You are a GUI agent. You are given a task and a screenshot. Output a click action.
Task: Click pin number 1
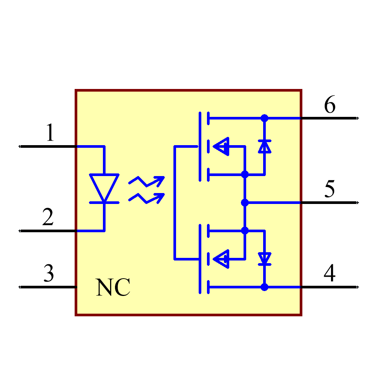click(x=50, y=133)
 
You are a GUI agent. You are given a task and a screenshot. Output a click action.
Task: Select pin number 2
click(x=48, y=218)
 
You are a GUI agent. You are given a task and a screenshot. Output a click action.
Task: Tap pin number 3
click(x=49, y=273)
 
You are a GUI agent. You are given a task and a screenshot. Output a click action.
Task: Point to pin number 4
click(x=329, y=273)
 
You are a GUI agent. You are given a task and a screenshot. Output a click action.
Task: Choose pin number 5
click(x=329, y=189)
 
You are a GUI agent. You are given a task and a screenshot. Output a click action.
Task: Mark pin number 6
click(x=329, y=105)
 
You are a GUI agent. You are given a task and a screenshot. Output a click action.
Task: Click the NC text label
click(x=113, y=288)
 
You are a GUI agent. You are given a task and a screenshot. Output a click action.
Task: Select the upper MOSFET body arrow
click(x=222, y=146)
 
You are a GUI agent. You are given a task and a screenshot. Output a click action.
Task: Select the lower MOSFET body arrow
click(x=222, y=259)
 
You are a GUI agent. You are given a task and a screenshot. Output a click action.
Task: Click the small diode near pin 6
click(x=264, y=146)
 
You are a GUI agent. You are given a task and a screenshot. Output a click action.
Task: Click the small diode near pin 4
click(x=264, y=259)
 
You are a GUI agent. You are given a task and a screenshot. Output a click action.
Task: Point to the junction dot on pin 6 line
click(x=264, y=118)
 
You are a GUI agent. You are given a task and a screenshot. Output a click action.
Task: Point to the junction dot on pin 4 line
click(x=264, y=287)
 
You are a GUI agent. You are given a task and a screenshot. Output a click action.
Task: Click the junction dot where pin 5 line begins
click(x=245, y=202)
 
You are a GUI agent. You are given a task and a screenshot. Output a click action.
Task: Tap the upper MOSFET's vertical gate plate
click(x=199, y=146)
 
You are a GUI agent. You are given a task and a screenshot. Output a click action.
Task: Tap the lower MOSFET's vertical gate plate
click(x=199, y=259)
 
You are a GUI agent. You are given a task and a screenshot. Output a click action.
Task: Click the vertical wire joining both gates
click(x=175, y=202)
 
